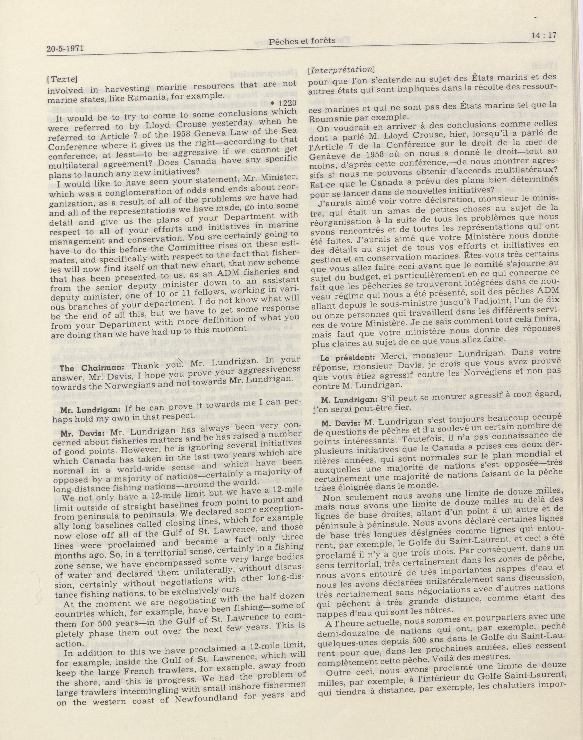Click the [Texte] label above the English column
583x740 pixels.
[x=61, y=79]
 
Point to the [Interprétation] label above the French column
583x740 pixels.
[x=341, y=69]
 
